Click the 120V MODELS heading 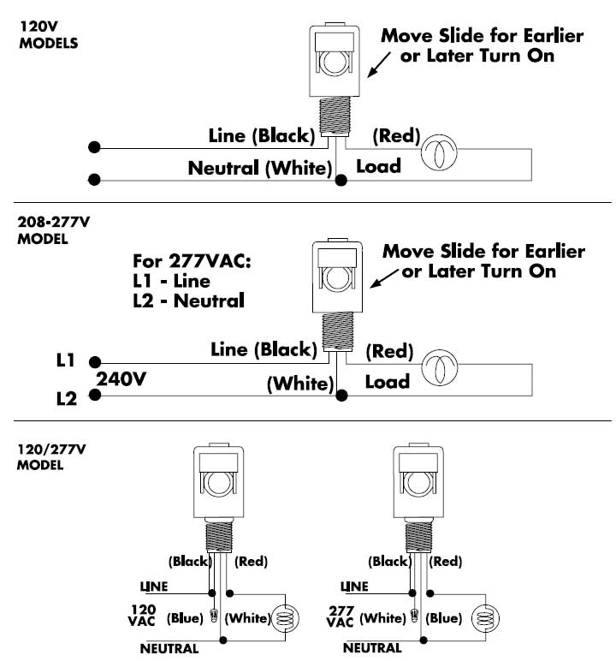[x=48, y=34]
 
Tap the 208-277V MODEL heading [x=54, y=229]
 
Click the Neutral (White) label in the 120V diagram [x=260, y=169]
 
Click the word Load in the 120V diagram [x=378, y=166]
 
